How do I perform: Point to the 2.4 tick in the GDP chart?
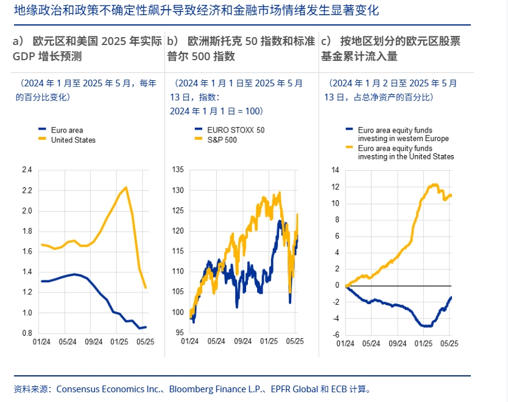click(x=26, y=170)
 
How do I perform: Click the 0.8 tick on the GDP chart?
click(x=26, y=333)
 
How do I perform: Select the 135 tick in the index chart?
click(x=177, y=170)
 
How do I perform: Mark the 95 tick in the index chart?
click(x=178, y=333)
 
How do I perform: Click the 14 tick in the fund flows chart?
click(x=334, y=170)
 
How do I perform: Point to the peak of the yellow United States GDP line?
click(x=125, y=187)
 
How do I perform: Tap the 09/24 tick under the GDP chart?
click(x=94, y=342)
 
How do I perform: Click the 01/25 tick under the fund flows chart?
click(x=423, y=344)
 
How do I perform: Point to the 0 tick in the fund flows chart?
click(x=336, y=285)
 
